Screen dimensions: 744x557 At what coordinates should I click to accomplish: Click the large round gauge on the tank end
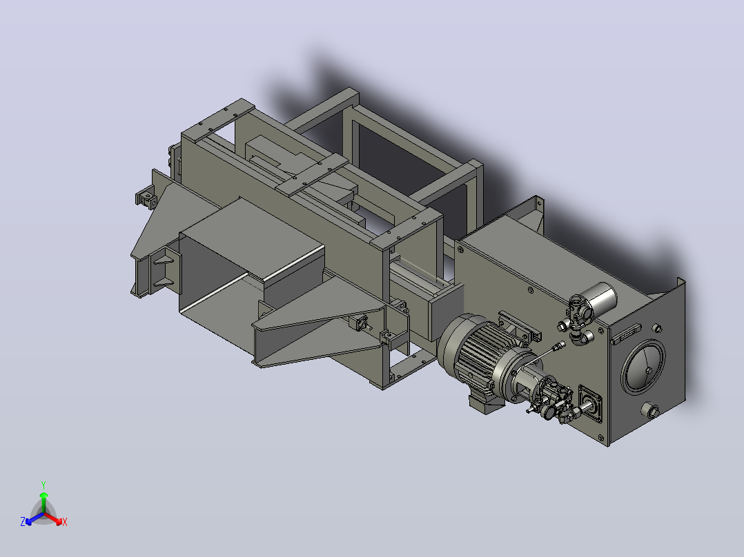tap(643, 367)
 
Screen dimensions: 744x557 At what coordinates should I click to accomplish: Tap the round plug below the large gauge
tap(650, 409)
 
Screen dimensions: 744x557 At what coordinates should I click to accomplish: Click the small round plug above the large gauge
tap(657, 328)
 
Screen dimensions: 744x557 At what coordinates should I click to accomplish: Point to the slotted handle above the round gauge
tap(625, 334)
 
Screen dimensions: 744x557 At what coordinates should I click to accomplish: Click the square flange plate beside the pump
tap(591, 404)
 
